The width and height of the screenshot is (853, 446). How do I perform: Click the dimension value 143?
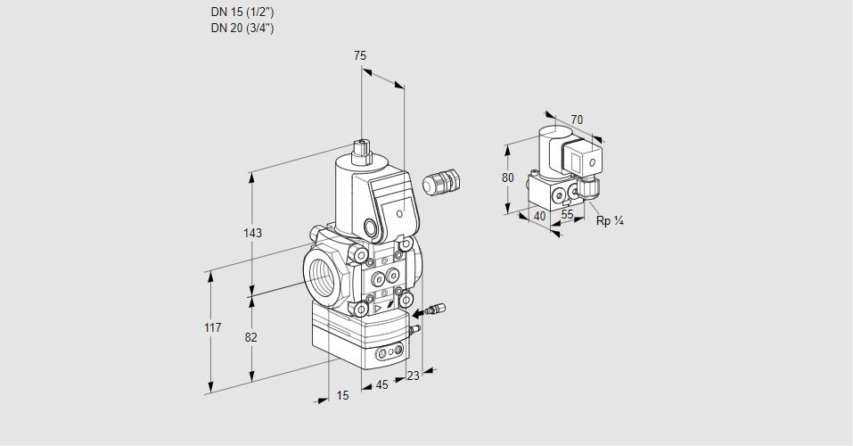click(252, 234)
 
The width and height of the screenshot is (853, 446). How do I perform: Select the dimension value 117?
click(211, 328)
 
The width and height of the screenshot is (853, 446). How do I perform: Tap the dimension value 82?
click(251, 337)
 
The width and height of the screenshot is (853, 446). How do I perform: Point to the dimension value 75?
click(360, 56)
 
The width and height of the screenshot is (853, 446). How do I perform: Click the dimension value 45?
click(381, 385)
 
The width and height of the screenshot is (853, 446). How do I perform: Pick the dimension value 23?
click(412, 376)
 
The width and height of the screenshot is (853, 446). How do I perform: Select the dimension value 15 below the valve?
click(343, 395)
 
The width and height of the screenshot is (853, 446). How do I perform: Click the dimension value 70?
click(577, 120)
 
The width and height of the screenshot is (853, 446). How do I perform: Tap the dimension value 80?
click(507, 178)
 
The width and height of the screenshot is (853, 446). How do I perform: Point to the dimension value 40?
click(538, 216)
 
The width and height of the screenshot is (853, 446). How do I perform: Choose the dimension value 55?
click(567, 215)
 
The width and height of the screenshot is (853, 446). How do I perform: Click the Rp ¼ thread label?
click(609, 220)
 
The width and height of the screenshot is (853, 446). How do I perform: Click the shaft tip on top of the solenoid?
click(361, 145)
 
